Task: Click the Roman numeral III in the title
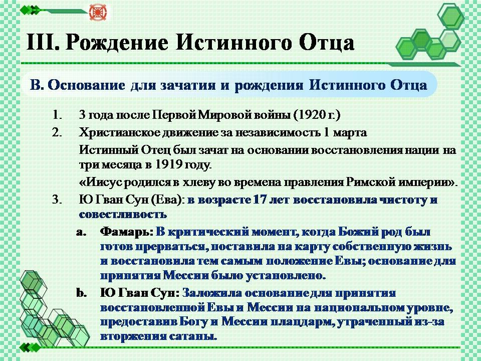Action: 42,42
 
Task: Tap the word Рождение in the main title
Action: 117,43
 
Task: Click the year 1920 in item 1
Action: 312,115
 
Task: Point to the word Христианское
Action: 119,133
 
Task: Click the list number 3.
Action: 57,200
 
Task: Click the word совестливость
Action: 123,214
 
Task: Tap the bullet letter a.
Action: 81,232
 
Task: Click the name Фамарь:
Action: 126,232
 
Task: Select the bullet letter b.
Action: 81,293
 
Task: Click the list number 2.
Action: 57,132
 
